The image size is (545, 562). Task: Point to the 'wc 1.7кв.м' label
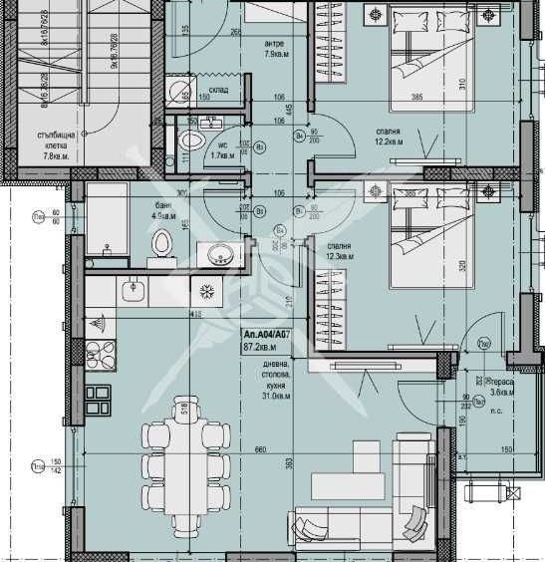(x=221, y=149)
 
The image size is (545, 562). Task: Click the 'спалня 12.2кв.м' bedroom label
(x=386, y=136)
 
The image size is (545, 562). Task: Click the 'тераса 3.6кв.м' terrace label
(x=501, y=386)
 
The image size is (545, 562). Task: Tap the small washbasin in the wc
(x=211, y=124)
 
